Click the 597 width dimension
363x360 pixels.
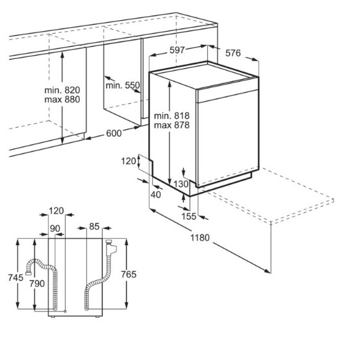(x=177, y=50)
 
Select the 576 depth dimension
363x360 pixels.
(x=233, y=53)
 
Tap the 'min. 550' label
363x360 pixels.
(x=123, y=86)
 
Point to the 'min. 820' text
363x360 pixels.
(x=62, y=90)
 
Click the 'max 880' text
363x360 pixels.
(x=62, y=99)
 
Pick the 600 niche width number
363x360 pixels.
(x=114, y=133)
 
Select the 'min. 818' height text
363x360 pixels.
(x=172, y=115)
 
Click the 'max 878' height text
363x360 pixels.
(x=172, y=125)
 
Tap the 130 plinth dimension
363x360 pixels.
(x=181, y=184)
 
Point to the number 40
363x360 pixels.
(x=156, y=195)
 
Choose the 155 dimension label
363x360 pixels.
(x=189, y=217)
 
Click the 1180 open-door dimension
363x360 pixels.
(x=200, y=237)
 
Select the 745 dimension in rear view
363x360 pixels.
(x=16, y=278)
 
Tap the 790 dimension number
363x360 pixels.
(x=37, y=283)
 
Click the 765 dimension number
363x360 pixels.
(x=129, y=274)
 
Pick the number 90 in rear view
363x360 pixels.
(x=55, y=228)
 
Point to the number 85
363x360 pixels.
(x=94, y=226)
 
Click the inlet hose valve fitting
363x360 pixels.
(x=111, y=247)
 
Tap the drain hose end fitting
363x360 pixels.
(x=29, y=273)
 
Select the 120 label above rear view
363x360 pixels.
(x=56, y=211)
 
